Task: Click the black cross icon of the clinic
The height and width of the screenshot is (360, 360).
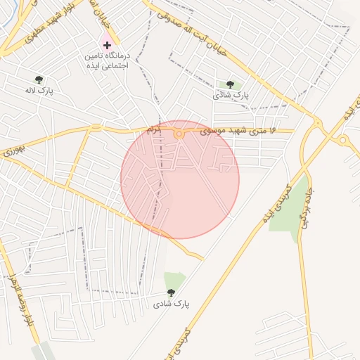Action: click(x=107, y=45)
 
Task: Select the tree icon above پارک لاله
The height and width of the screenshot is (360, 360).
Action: click(x=39, y=80)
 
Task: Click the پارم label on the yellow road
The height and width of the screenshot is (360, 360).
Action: click(x=154, y=130)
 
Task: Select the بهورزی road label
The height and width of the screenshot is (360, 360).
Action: click(x=13, y=150)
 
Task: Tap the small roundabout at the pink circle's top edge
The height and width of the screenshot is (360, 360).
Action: click(x=179, y=134)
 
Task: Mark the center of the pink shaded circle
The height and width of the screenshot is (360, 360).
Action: click(x=179, y=179)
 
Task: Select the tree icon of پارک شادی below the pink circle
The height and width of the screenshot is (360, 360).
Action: click(x=171, y=292)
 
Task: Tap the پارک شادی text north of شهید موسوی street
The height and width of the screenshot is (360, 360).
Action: click(x=231, y=95)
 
